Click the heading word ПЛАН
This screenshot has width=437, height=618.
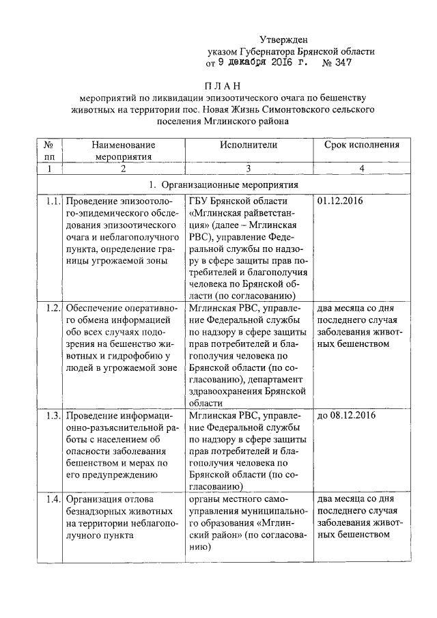click(222, 86)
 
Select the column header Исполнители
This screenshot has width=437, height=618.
click(249, 145)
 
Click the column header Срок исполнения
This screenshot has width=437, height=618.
click(361, 145)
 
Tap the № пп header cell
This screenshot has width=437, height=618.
click(49, 150)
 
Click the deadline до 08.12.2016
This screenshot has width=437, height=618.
click(347, 415)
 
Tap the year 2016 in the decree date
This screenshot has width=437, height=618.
click(268, 64)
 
